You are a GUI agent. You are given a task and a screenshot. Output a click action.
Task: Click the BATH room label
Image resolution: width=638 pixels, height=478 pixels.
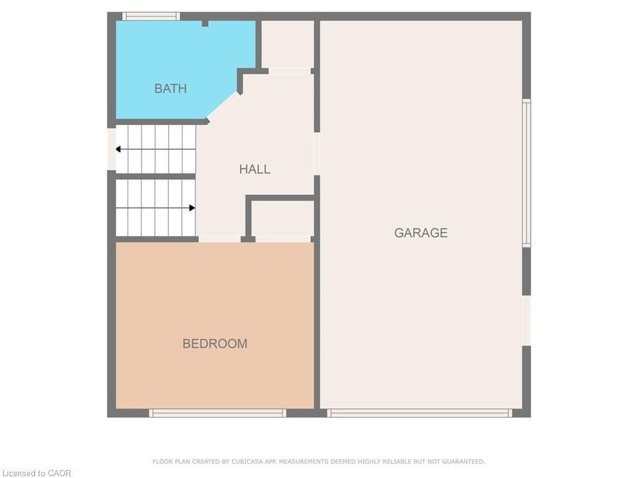pyautogui.click(x=170, y=88)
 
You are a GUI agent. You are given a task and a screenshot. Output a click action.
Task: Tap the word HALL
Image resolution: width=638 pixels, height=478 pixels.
pyautogui.click(x=254, y=169)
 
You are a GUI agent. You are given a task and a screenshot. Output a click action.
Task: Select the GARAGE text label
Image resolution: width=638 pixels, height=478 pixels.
pyautogui.click(x=421, y=233)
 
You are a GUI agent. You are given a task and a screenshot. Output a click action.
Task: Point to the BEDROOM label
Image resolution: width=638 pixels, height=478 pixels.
pyautogui.click(x=214, y=344)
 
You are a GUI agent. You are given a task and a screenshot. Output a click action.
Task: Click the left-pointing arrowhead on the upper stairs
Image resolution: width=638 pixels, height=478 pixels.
pyautogui.click(x=118, y=149)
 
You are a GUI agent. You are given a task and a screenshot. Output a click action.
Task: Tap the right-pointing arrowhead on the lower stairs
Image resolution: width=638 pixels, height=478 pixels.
pyautogui.click(x=192, y=208)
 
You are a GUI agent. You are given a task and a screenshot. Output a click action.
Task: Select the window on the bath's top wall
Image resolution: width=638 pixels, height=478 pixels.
pyautogui.click(x=151, y=16)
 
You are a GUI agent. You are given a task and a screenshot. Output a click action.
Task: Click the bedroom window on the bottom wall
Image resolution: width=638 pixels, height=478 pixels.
pyautogui.click(x=217, y=413)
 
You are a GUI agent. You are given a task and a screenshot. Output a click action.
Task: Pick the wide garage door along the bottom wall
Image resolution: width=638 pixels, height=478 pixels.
pyautogui.click(x=419, y=413)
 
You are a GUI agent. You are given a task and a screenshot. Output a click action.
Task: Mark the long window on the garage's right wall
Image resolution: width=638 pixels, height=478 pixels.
pyautogui.click(x=526, y=172)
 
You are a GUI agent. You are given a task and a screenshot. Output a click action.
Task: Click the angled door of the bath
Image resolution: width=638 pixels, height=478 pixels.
pyautogui.click(x=223, y=106)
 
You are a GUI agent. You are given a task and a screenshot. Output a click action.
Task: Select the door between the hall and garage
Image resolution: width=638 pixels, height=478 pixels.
pyautogui.click(x=317, y=154)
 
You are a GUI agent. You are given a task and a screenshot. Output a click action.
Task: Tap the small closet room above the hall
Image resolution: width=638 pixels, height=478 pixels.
pyautogui.click(x=287, y=45)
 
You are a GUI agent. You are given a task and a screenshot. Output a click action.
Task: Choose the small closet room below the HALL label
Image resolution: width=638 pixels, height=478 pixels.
pyautogui.click(x=282, y=218)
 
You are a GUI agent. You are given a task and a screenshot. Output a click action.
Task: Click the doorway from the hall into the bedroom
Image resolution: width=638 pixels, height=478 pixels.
pyautogui.click(x=219, y=239)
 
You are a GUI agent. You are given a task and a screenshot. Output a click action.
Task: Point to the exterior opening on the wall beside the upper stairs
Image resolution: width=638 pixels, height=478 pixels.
pyautogui.click(x=112, y=149)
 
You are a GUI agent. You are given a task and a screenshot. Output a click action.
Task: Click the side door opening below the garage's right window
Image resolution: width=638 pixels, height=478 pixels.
pyautogui.click(x=526, y=320)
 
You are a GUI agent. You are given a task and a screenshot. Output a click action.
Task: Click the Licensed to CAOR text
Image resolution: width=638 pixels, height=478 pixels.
pyautogui.click(x=36, y=473)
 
